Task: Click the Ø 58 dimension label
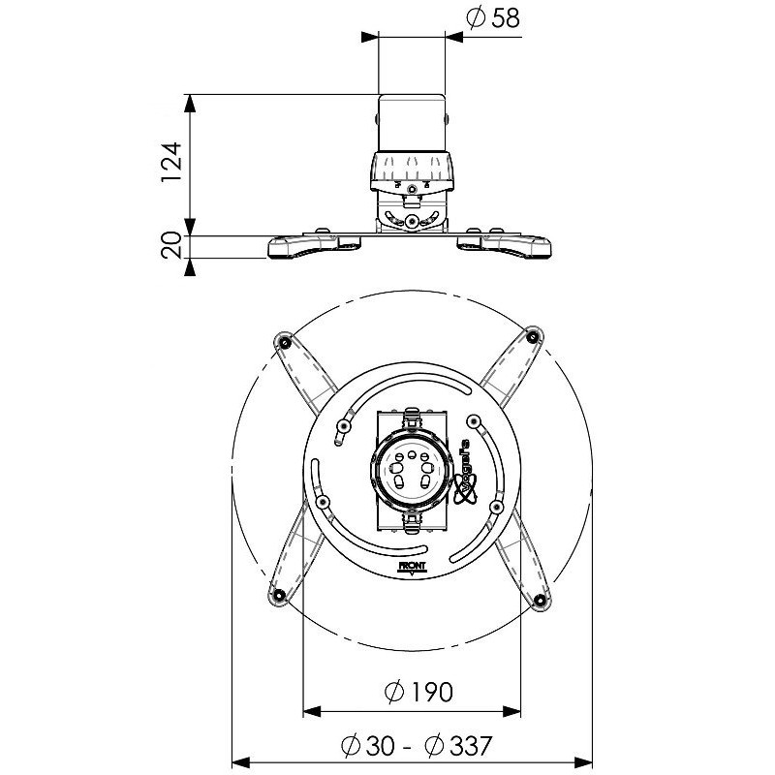coord(493,18)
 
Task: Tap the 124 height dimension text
coord(172,163)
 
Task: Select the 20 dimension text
coord(172,246)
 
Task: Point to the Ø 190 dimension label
coord(418,692)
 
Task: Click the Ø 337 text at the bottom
coord(458,746)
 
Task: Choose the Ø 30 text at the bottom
coord(368,746)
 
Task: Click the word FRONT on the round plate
coord(412,566)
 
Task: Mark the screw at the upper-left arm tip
coord(285,342)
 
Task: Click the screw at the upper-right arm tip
coord(532,337)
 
